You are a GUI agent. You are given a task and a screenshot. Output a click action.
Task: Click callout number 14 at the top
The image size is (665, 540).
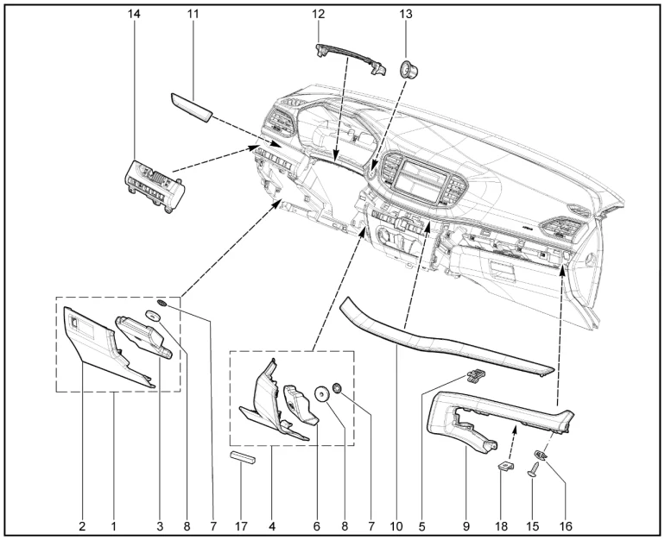(134, 14)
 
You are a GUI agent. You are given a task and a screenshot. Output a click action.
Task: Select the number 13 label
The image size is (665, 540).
(405, 14)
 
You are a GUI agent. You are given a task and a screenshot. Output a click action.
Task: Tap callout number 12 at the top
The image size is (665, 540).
(318, 14)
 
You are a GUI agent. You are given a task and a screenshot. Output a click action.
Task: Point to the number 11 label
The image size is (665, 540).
(193, 14)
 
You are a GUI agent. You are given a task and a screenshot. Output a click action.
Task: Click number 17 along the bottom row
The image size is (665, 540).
(241, 526)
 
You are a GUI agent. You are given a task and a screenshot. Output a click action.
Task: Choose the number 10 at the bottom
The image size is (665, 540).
(396, 526)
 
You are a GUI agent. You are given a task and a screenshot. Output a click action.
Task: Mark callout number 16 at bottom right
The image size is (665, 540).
(566, 526)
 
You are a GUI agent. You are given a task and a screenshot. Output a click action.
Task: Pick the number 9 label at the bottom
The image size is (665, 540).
(466, 526)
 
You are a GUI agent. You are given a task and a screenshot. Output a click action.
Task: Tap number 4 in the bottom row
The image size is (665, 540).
(272, 526)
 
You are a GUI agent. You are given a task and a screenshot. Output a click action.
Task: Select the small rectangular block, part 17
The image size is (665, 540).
(244, 458)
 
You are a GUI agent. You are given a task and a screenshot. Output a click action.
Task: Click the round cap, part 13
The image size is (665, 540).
(408, 69)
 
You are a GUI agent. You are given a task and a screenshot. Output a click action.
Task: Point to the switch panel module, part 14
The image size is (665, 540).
(155, 185)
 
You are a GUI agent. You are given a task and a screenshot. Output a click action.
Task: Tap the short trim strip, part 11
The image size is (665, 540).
(191, 108)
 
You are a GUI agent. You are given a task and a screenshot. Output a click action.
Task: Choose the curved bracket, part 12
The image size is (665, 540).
(352, 60)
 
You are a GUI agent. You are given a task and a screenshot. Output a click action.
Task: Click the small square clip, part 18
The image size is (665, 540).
(505, 466)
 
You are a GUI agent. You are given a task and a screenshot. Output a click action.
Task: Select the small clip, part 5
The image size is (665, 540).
(476, 374)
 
